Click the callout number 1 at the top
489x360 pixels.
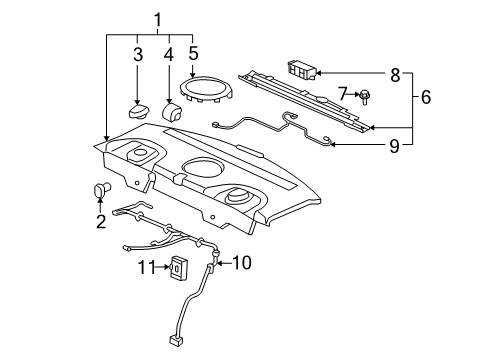coord(156,18)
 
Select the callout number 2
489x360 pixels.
coord(101,221)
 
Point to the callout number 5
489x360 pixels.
coord(194,55)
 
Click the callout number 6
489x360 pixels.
coord(425,98)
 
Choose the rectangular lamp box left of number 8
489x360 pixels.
coord(301,68)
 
